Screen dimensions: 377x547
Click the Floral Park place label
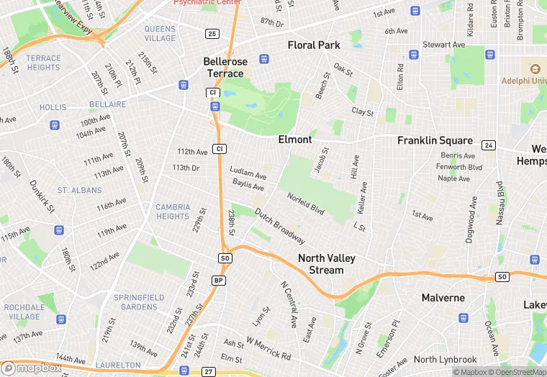coord(314,45)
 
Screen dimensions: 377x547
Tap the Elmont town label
coord(295,140)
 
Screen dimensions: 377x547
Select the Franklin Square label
coord(435,141)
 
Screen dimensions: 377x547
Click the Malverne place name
coord(443,297)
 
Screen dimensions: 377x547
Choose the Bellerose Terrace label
coord(223,67)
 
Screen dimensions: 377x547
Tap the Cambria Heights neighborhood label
coord(173,212)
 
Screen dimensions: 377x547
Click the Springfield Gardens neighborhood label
coord(139,302)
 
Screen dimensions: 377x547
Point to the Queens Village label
coord(159,33)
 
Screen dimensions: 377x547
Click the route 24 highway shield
coord(489,145)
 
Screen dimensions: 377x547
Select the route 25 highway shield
coord(212,34)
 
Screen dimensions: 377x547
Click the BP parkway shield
coord(219,280)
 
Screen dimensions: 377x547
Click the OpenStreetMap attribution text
coord(517,372)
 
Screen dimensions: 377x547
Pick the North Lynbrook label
coord(445,360)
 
